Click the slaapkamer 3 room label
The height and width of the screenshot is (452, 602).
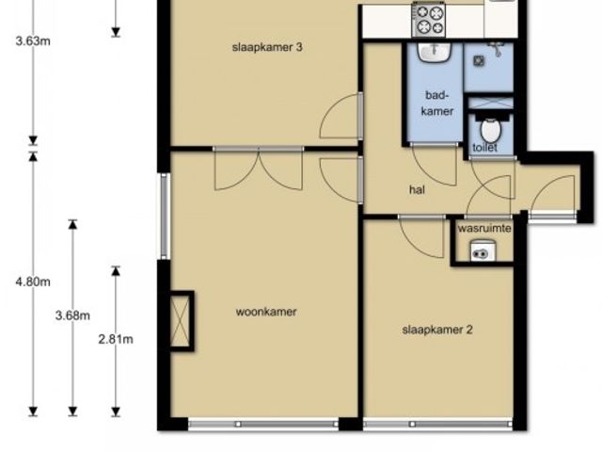pos(267,47)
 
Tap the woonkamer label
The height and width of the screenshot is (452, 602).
pos(266,312)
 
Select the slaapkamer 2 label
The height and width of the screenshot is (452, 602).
pos(437,330)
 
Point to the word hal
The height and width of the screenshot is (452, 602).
pos(417,189)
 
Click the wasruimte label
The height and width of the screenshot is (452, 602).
pos(484,228)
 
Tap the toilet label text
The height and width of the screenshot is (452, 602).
pos(485,147)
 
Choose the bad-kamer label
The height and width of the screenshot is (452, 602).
pos(436,103)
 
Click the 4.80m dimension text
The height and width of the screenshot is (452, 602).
pos(33,282)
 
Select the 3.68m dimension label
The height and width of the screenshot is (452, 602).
pos(72,315)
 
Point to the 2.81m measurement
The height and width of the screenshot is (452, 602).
pos(116,339)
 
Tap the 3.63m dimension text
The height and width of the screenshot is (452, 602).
pos(33,40)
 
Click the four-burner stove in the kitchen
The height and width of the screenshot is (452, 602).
pos(429,20)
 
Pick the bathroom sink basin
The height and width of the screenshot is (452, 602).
pos(435,52)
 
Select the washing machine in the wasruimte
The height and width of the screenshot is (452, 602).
pos(483,250)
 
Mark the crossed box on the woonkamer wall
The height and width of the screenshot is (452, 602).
pos(180,321)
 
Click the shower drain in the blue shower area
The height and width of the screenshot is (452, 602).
pos(479,60)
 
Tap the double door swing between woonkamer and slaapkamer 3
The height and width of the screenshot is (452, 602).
pos(259,169)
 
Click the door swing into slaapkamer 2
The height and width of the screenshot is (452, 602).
pos(421,236)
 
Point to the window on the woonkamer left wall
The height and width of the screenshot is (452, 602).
pos(164,216)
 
